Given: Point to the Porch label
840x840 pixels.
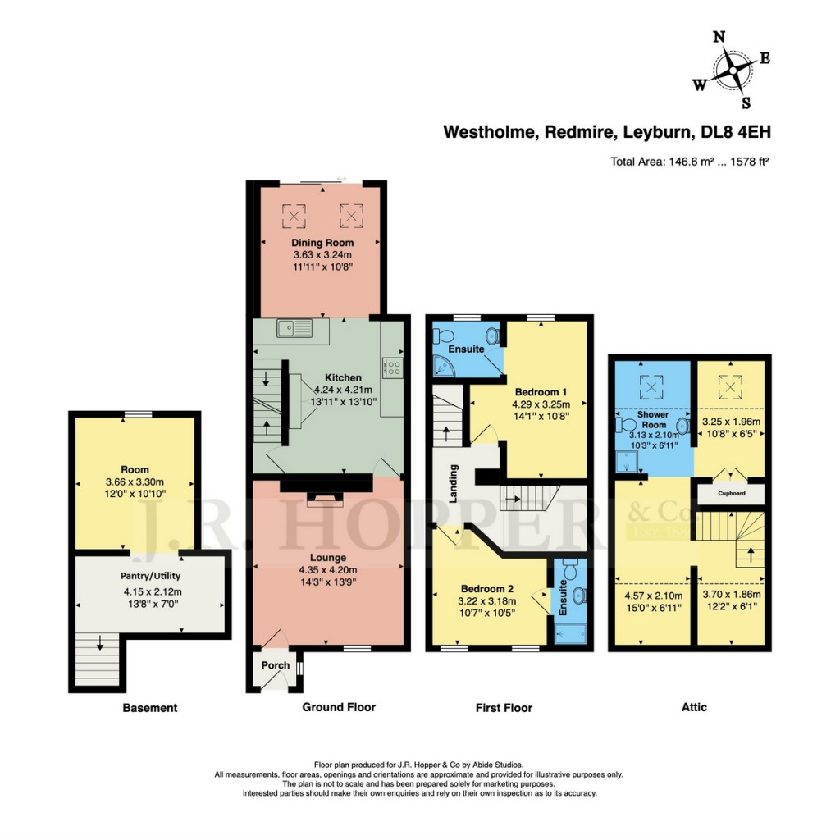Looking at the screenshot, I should (x=274, y=665).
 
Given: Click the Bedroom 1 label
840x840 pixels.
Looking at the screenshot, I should (x=534, y=391).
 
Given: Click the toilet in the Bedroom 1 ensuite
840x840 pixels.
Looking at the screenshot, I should (x=446, y=336).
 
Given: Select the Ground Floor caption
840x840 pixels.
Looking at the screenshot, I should (x=339, y=707).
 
